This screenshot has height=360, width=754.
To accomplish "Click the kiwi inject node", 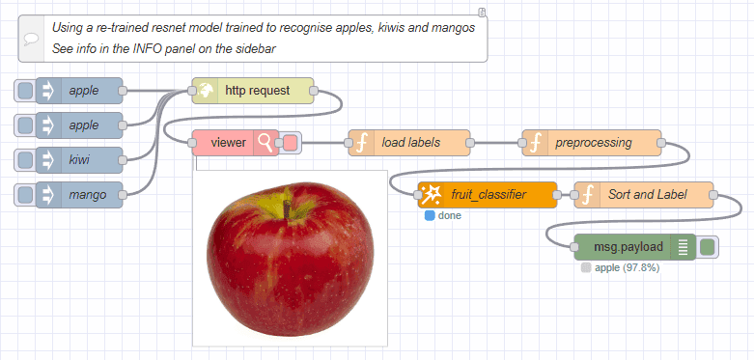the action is (83, 159).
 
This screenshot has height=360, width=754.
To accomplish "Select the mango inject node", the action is (83, 194).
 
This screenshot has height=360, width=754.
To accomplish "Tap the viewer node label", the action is (228, 143).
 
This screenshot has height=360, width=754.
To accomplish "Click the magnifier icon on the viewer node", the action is (265, 143).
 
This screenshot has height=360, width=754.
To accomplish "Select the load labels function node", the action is (410, 143).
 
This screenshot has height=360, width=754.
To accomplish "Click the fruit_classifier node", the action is (488, 195).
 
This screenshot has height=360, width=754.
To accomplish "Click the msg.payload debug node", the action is (634, 247).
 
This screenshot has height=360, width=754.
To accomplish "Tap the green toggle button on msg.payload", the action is (708, 247).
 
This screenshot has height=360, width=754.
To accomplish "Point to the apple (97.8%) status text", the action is (627, 267).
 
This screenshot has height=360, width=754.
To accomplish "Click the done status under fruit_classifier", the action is (450, 215).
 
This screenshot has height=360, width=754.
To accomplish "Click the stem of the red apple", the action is (287, 204).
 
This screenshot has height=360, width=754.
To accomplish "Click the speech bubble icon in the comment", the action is (33, 38).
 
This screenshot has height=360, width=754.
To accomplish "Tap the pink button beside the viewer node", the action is (290, 143).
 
